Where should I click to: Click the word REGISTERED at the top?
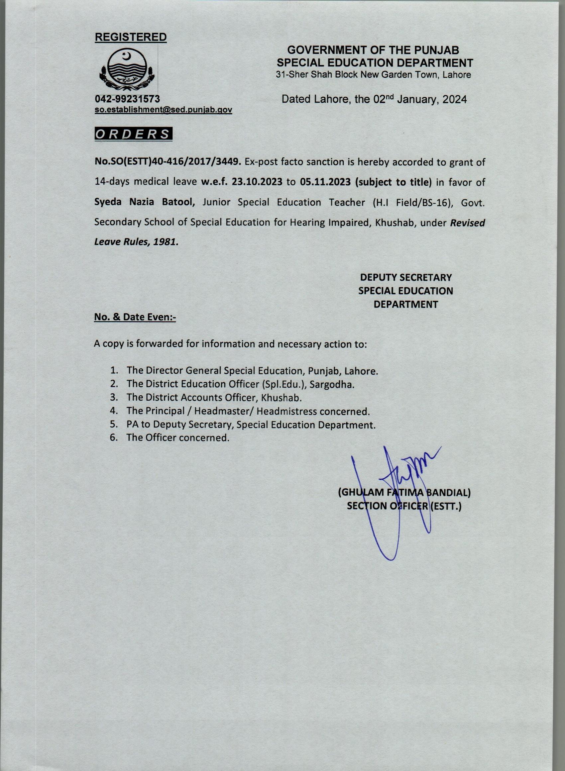131,37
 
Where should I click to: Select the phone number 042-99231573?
127,99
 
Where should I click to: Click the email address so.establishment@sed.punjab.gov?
164,110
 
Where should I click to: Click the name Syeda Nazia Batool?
145,202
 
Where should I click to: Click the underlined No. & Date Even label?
135,317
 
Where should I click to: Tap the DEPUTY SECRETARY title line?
405,277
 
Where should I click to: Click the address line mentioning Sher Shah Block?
374,75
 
